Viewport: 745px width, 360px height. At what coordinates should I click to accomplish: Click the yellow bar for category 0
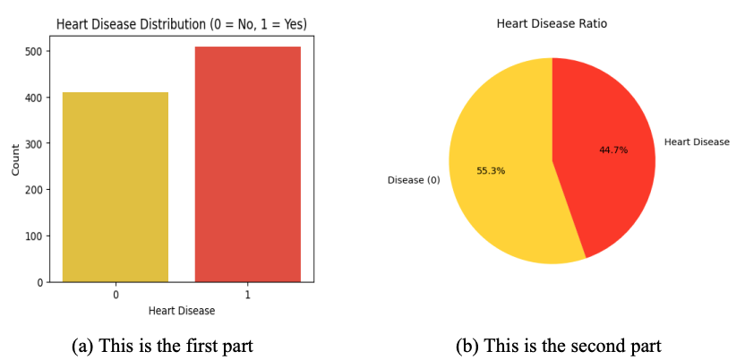pos(116,187)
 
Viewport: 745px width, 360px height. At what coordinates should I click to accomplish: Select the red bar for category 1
pos(247,165)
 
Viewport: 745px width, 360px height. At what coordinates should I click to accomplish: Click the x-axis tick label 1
pos(248,295)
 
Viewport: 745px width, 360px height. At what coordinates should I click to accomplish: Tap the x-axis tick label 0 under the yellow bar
pos(116,295)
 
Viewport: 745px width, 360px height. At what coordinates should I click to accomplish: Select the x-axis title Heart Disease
pos(182,311)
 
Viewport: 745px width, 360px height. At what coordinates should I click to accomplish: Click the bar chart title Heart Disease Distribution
pos(182,24)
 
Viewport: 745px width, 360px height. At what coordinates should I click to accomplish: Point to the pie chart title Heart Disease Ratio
pos(552,24)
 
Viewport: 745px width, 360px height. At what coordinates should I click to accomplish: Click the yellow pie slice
pos(501,179)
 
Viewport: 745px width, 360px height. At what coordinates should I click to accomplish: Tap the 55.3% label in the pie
pos(491,170)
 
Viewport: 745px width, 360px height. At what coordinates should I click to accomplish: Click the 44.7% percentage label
pos(613,150)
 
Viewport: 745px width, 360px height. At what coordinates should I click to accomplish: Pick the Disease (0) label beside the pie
pos(414,180)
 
